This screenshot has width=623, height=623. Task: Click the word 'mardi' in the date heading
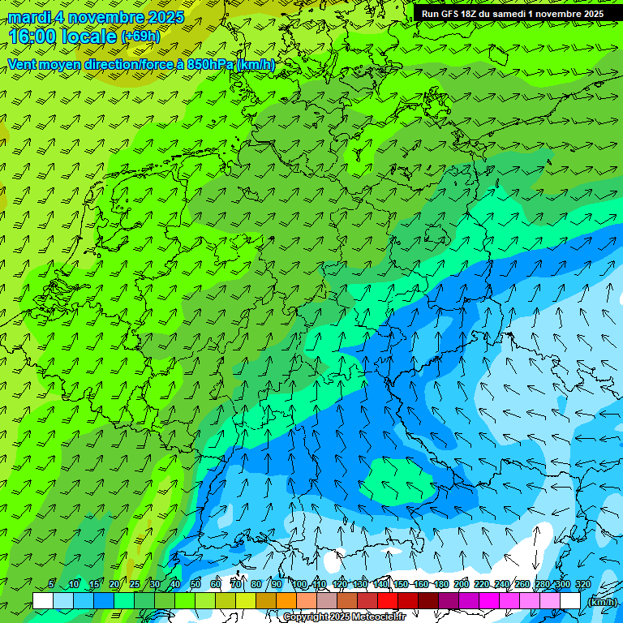click(29, 17)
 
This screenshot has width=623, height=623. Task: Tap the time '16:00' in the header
click(32, 37)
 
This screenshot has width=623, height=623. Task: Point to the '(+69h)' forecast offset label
click(140, 37)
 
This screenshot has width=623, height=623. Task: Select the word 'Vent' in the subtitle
click(22, 64)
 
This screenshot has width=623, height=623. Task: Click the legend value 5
click(51, 585)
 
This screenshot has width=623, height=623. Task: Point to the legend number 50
click(195, 585)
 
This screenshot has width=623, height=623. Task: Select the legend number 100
click(299, 585)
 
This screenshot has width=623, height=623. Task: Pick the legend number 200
click(462, 585)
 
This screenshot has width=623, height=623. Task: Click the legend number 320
click(583, 585)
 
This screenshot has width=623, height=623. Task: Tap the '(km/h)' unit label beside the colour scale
click(602, 602)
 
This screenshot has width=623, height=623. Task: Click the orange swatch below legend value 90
click(286, 601)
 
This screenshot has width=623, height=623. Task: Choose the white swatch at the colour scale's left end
click(43, 601)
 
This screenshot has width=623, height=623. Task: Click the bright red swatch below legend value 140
click(388, 601)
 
